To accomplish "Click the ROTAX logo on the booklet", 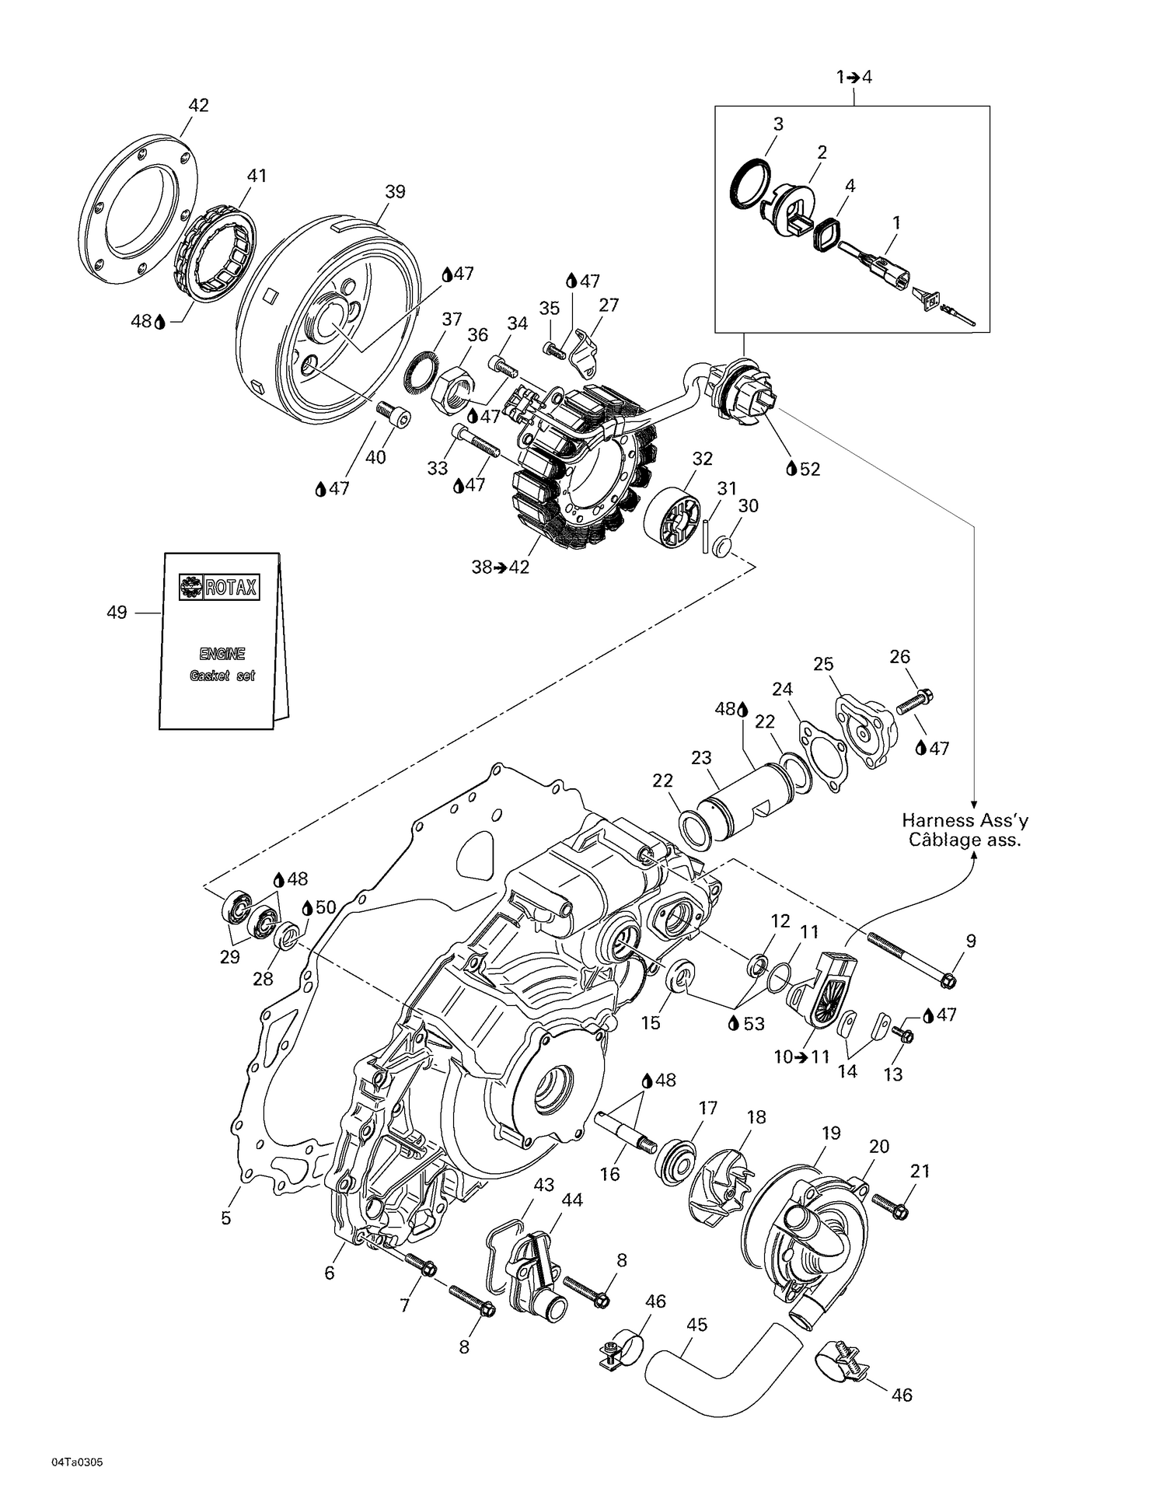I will pos(220,587).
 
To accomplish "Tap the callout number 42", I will pos(199,105).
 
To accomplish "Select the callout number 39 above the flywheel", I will pos(395,191).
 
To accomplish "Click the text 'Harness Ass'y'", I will pos(965,820).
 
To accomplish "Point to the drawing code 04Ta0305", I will pos(77,1462).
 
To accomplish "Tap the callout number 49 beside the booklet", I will pos(117,613).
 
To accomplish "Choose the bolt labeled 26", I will pos(916,702).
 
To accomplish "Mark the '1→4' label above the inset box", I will pos(854,77).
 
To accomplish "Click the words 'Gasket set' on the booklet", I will pos(222,676).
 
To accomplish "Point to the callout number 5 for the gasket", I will pos(226,1217).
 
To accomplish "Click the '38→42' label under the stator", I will pos(500,568).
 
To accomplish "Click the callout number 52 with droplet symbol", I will pos(809,469).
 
